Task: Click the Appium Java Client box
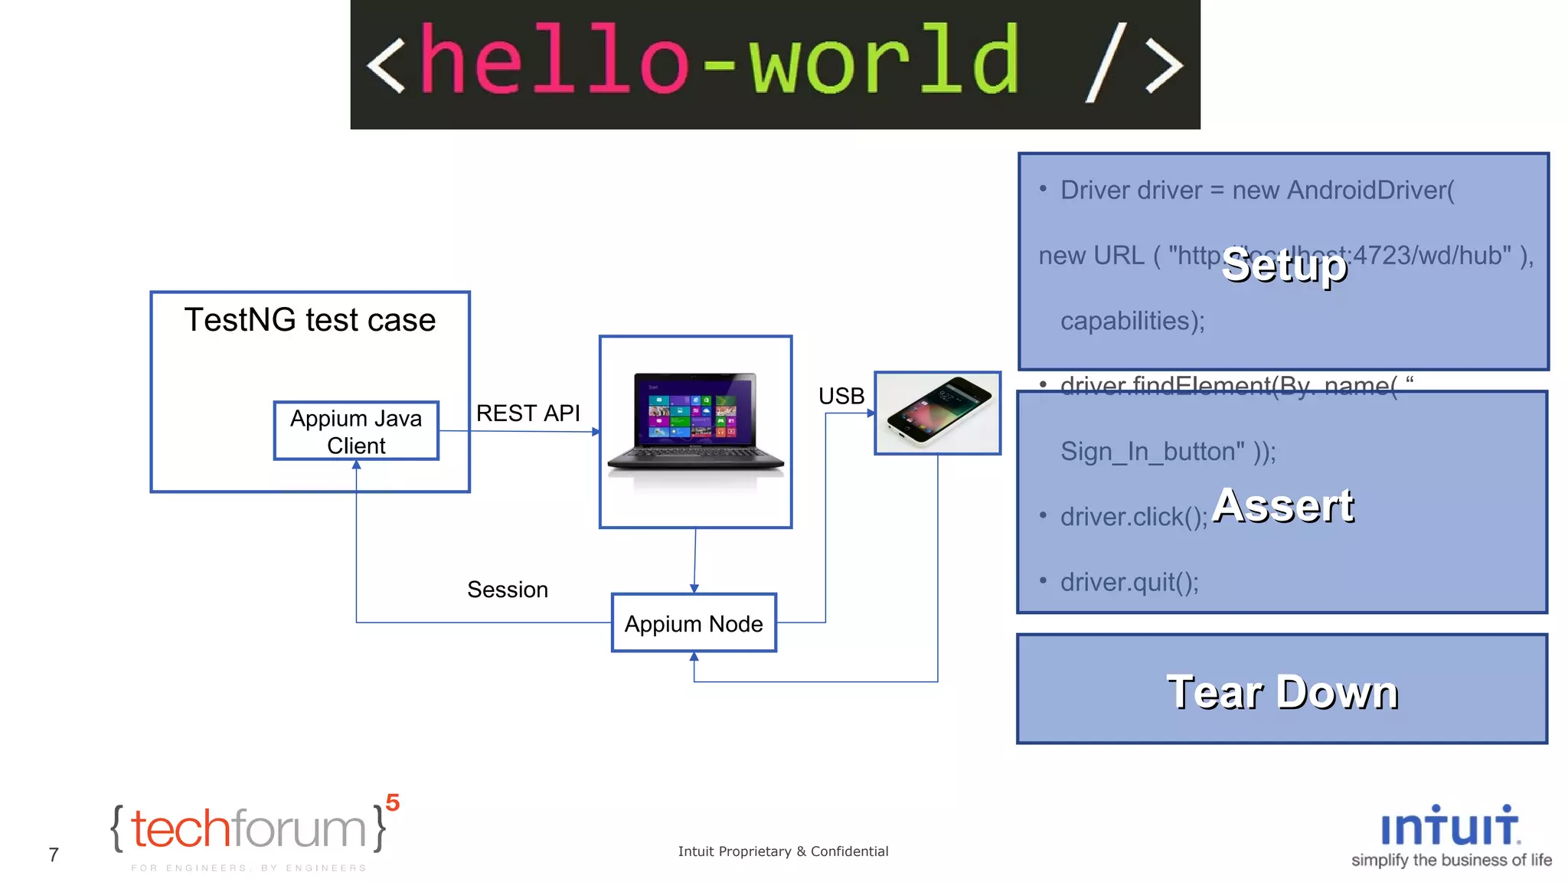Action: [x=356, y=431]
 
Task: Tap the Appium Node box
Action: [x=694, y=623]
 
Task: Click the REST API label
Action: [x=528, y=413]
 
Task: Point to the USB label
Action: [x=841, y=396]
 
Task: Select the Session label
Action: [x=508, y=590]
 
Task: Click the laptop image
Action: [x=695, y=426]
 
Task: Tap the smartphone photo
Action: [x=937, y=412]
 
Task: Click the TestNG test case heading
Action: [x=310, y=320]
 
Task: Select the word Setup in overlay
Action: [x=1284, y=266]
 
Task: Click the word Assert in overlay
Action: [x=1284, y=506]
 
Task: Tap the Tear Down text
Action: [x=1282, y=692]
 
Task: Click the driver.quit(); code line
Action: [x=1129, y=583]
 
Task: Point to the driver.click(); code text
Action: [x=1133, y=518]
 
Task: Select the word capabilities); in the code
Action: [x=1132, y=321]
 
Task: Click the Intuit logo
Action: [x=1450, y=827]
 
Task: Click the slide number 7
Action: [x=54, y=854]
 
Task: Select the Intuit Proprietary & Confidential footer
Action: [x=782, y=851]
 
